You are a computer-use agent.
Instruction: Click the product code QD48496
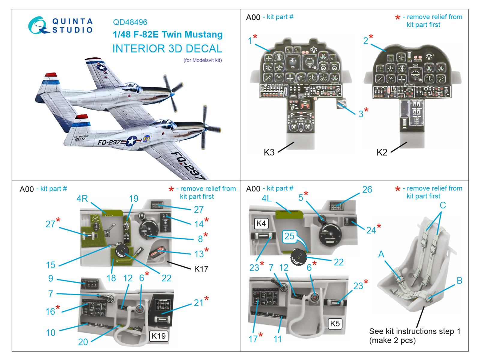130,22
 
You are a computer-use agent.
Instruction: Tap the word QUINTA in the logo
72,21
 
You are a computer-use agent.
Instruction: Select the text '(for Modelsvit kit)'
202,60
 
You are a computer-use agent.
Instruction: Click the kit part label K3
269,152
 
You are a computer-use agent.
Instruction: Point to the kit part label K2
382,152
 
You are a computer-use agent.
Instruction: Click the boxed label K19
158,336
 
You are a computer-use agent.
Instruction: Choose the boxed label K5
335,323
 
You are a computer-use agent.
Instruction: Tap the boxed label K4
261,223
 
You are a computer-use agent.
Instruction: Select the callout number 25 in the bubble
289,236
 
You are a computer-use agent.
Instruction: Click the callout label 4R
82,199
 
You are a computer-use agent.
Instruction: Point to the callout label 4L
266,198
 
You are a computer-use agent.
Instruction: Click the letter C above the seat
442,205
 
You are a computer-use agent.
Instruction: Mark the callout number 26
367,190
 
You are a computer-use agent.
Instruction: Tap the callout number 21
199,303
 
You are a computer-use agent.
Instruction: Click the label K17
201,269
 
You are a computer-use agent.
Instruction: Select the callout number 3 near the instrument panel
361,114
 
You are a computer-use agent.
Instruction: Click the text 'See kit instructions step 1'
415,331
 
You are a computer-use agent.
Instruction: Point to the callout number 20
83,342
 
